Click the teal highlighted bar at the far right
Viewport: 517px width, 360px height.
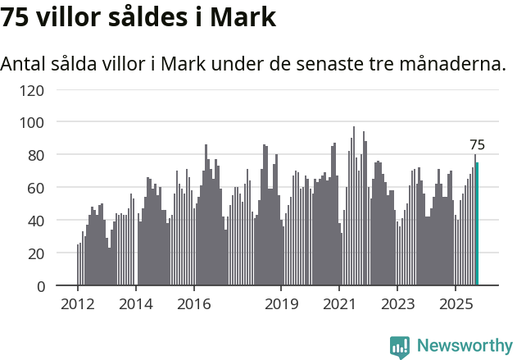pyautogui.click(x=478, y=224)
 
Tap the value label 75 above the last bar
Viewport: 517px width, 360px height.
pyautogui.click(x=477, y=145)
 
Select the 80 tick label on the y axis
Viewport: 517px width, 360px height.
pyautogui.click(x=35, y=155)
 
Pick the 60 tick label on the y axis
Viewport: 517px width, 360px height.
pyautogui.click(x=35, y=188)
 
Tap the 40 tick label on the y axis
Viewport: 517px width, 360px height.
pyautogui.click(x=35, y=221)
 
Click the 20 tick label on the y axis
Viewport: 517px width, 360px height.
pyautogui.click(x=35, y=253)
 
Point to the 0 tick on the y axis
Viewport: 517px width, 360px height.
pyautogui.click(x=39, y=286)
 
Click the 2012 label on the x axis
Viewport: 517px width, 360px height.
pyautogui.click(x=78, y=305)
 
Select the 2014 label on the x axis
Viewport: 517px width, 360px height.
pyautogui.click(x=136, y=305)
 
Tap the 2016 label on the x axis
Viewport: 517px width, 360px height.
pyautogui.click(x=193, y=305)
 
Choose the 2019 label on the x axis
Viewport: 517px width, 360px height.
pyautogui.click(x=281, y=305)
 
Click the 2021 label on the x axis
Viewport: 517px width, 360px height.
pyautogui.click(x=339, y=305)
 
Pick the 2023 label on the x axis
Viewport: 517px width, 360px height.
pyautogui.click(x=397, y=305)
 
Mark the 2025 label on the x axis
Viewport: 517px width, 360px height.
pyautogui.click(x=455, y=305)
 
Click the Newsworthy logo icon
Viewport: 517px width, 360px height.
pyautogui.click(x=400, y=346)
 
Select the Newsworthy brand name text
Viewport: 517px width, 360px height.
pyautogui.click(x=464, y=346)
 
